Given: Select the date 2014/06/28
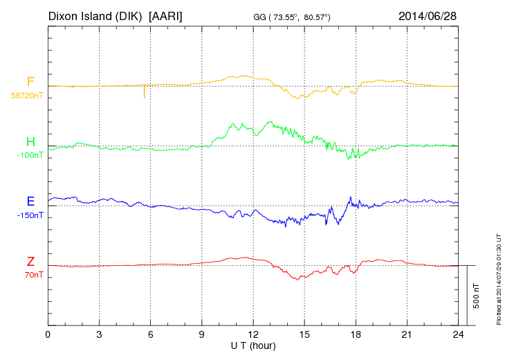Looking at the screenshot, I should (x=427, y=15).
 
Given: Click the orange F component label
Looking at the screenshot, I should (x=30, y=82).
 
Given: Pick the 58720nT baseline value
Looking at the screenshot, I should (x=26, y=96).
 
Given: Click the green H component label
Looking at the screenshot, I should (x=30, y=143).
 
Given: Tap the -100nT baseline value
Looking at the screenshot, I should (x=30, y=155).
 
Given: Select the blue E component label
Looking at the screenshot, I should (x=30, y=202).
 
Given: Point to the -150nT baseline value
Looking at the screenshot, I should (x=30, y=215).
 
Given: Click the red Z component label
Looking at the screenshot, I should (x=30, y=262).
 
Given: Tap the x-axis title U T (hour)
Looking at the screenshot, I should (x=253, y=345).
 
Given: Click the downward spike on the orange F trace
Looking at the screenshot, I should (x=144, y=93).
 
